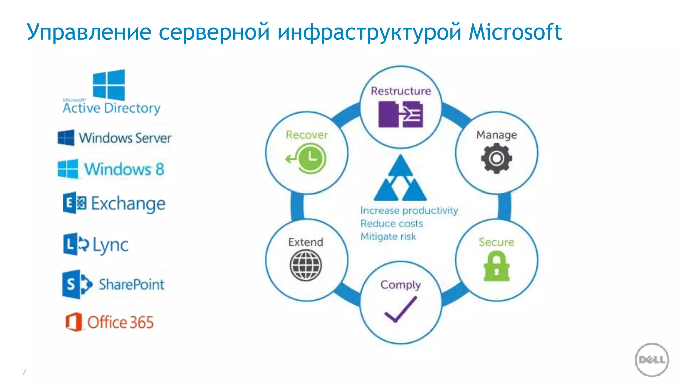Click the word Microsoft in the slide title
coord(515,32)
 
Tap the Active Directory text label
coord(112,108)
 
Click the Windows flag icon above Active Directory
coord(109,85)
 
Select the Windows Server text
coord(125,138)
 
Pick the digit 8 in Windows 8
coord(160,169)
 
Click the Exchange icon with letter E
coord(74,203)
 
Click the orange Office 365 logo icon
coord(74,322)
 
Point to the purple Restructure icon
coord(400,115)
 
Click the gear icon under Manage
coord(496,158)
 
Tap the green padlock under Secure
coord(496,267)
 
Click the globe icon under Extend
coord(306,266)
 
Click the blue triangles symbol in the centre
coord(400,178)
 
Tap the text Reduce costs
coord(392,223)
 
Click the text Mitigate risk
coord(388,237)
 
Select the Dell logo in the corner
coord(651,360)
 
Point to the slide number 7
coord(24,371)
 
